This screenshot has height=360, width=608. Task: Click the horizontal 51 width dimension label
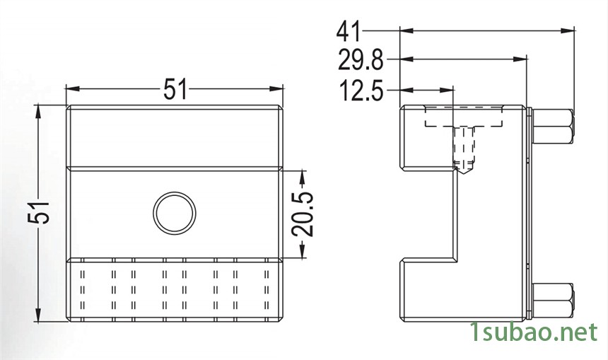175,89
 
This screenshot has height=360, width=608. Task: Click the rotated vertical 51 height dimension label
39,212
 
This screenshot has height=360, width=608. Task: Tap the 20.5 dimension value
303,214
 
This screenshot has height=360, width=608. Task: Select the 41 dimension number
349,31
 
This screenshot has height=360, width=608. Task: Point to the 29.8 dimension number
361,59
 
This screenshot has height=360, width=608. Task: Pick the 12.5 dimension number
361,91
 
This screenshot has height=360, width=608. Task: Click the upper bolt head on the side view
554,127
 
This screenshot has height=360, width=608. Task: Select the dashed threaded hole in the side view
464,149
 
